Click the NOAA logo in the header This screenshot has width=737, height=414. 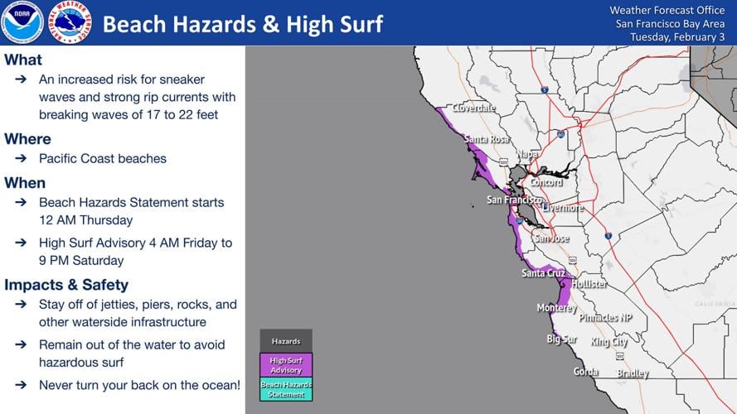22,22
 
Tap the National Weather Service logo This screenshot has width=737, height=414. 70,22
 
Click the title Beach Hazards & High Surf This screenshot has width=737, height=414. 242,24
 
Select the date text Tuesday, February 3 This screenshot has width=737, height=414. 677,37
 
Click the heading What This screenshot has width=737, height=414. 23,60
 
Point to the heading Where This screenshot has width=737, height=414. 28,138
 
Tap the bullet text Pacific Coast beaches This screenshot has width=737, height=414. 103,158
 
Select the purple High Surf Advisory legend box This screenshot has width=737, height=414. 286,365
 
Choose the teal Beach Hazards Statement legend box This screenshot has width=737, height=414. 286,389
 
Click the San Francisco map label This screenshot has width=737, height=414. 514,200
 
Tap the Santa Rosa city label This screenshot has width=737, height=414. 487,139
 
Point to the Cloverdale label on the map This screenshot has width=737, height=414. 474,108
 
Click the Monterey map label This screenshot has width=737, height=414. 555,308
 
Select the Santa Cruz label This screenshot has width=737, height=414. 544,273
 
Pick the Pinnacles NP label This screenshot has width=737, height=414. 605,318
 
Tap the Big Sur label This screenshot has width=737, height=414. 561,339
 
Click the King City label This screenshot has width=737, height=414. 609,342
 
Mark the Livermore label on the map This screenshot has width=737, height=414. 563,209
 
